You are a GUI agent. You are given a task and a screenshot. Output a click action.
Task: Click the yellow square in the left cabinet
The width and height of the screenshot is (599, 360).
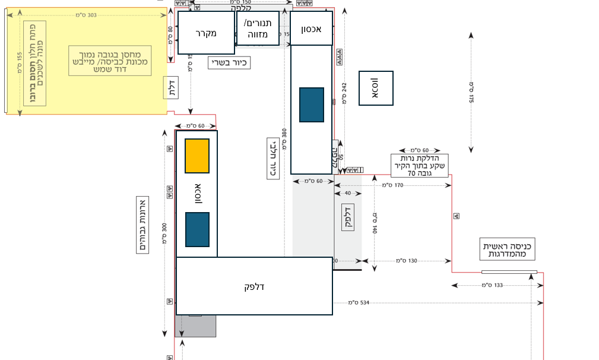click(x=197, y=156)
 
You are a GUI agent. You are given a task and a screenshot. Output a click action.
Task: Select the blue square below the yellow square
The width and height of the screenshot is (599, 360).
click(x=197, y=229)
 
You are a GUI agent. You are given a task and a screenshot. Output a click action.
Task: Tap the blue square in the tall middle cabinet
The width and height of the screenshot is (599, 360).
click(x=312, y=105)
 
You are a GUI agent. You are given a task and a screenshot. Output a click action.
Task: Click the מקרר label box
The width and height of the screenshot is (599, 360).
click(x=206, y=33)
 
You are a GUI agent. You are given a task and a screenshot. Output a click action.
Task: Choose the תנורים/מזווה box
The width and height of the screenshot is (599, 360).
click(x=258, y=29)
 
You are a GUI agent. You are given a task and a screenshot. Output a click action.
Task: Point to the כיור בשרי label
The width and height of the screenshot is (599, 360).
click(x=229, y=62)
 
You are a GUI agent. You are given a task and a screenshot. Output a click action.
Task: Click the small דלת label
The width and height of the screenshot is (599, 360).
click(x=171, y=88)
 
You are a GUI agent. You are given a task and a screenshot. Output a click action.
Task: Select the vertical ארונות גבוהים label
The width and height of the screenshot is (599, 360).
click(x=142, y=225)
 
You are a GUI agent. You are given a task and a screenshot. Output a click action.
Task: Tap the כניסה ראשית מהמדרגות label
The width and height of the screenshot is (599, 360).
click(x=507, y=250)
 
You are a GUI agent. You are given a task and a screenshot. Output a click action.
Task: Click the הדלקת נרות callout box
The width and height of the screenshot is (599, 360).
click(x=419, y=165)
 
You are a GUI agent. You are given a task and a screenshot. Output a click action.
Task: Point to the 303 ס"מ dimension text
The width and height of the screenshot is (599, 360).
click(x=86, y=15)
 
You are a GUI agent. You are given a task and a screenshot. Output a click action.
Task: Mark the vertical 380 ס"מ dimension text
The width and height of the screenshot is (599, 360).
click(x=285, y=138)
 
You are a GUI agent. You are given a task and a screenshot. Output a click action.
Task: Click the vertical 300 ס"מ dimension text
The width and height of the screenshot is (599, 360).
click(x=164, y=233)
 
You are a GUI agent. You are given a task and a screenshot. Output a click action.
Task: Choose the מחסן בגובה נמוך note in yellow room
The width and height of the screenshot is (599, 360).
click(x=110, y=61)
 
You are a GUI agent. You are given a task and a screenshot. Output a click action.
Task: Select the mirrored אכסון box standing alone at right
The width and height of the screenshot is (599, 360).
click(x=376, y=89)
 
